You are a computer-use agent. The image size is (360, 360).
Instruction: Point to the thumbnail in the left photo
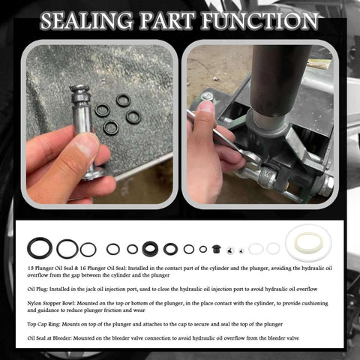88,145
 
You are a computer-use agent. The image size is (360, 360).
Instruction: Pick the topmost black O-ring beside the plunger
123,100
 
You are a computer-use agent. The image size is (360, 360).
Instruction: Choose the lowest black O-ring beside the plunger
111,128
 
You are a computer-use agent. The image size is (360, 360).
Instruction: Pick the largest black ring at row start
40,248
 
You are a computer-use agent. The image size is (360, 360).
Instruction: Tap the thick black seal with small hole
150,248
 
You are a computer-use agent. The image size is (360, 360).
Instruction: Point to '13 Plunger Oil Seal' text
58,267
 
